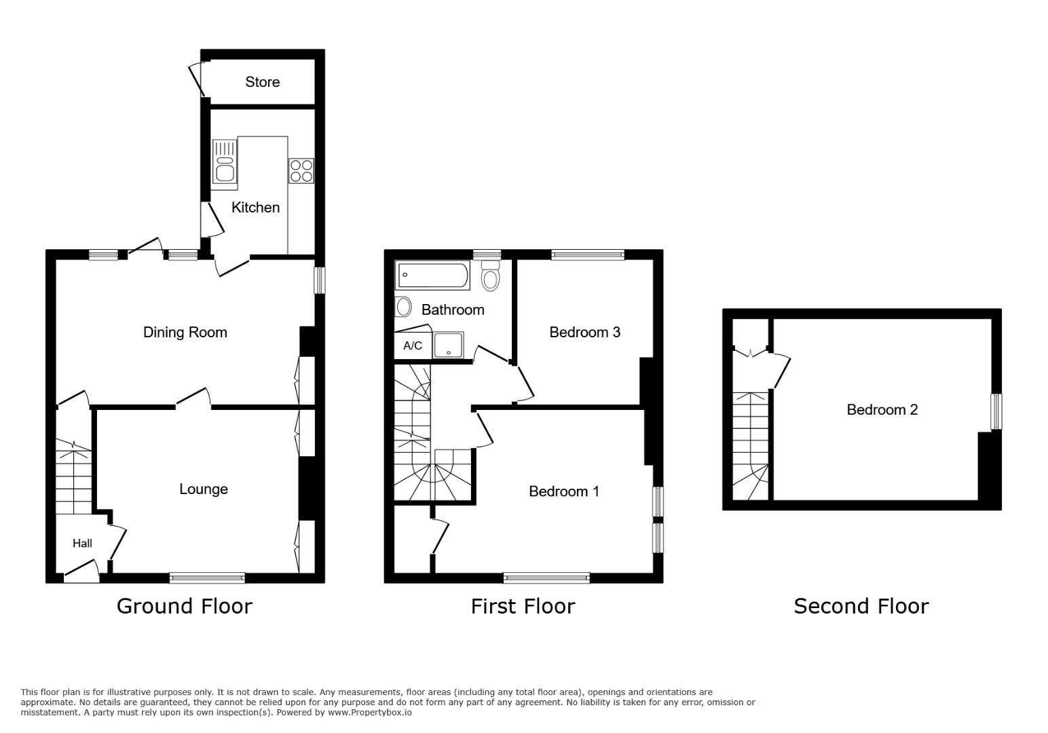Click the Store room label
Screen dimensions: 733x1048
[x=262, y=82]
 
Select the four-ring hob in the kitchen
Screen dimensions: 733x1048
[x=301, y=170]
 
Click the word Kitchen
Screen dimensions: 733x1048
[x=255, y=208]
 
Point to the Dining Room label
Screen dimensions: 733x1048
[x=185, y=333]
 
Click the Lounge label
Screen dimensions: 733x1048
[x=203, y=489]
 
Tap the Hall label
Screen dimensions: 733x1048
[x=82, y=543]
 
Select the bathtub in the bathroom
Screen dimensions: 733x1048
[x=433, y=276]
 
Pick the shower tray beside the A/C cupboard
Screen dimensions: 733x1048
[x=449, y=345]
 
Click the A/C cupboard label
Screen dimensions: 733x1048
[x=412, y=346]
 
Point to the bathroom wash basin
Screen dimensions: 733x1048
[x=403, y=307]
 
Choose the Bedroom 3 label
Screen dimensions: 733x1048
[x=584, y=333]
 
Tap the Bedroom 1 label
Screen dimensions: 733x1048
[x=563, y=491]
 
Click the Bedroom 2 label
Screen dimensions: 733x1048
[x=882, y=410]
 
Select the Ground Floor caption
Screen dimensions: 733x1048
[x=184, y=606]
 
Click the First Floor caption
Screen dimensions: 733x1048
[x=523, y=606]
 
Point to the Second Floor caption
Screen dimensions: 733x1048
[x=861, y=606]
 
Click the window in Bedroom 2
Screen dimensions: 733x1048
[x=996, y=411]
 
